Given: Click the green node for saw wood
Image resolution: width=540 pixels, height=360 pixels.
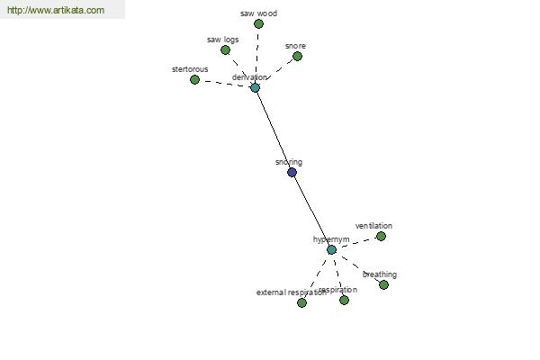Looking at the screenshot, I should click(x=258, y=24).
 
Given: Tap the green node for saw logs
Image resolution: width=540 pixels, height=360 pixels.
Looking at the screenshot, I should click(x=225, y=50).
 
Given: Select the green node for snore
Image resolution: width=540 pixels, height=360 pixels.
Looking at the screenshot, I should click(x=297, y=57).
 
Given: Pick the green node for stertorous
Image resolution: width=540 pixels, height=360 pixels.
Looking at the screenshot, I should click(x=194, y=80).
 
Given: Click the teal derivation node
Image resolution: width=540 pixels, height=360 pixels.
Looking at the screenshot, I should click(x=255, y=88).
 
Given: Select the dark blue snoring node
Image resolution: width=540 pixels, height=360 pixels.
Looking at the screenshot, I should click(x=292, y=172).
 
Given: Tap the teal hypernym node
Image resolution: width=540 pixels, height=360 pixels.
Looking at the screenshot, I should click(x=331, y=249).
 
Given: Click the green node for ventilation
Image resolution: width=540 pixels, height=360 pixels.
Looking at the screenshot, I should click(x=381, y=237).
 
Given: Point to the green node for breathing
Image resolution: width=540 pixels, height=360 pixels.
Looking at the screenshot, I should click(x=383, y=285).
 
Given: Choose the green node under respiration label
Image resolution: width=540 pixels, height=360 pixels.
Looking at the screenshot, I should click(x=344, y=301).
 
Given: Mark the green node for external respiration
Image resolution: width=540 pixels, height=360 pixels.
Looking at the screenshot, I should click(x=301, y=303).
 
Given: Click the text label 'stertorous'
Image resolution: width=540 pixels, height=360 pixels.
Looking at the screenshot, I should click(x=190, y=69).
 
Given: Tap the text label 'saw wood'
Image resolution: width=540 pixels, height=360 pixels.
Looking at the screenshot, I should click(x=258, y=14).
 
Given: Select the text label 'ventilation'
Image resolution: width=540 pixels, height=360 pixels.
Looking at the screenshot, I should click(x=373, y=226).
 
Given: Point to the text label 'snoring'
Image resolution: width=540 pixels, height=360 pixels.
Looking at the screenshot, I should click(x=289, y=162).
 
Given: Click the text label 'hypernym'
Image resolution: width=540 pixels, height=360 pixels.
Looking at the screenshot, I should click(x=330, y=239).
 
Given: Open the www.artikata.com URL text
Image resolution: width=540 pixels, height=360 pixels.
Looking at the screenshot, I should click(x=55, y=11).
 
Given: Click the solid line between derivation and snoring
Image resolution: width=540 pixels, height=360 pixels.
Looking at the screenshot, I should click(x=273, y=130).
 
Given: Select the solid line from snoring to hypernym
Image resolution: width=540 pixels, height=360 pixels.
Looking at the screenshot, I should click(x=311, y=211).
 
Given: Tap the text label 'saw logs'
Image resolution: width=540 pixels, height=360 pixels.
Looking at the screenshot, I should click(x=222, y=40).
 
